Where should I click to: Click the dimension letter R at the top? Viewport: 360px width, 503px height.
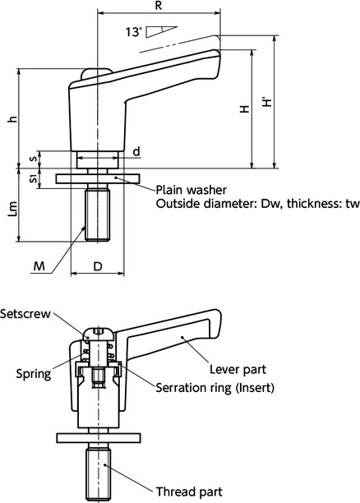pos(158,6)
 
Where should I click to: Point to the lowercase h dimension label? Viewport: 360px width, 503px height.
pos(11,119)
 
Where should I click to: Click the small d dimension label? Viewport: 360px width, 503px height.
pos(136,150)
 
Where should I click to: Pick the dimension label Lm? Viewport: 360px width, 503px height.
pos(11,212)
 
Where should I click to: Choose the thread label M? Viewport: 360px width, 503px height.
pos(39,265)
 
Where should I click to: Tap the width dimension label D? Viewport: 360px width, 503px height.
pos(97,266)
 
